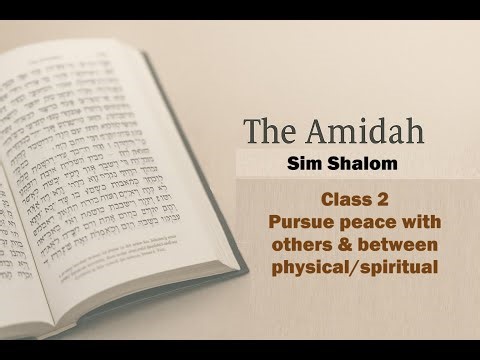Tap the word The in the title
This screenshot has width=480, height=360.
point(269,130)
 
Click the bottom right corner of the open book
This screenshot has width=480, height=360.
point(245,268)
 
